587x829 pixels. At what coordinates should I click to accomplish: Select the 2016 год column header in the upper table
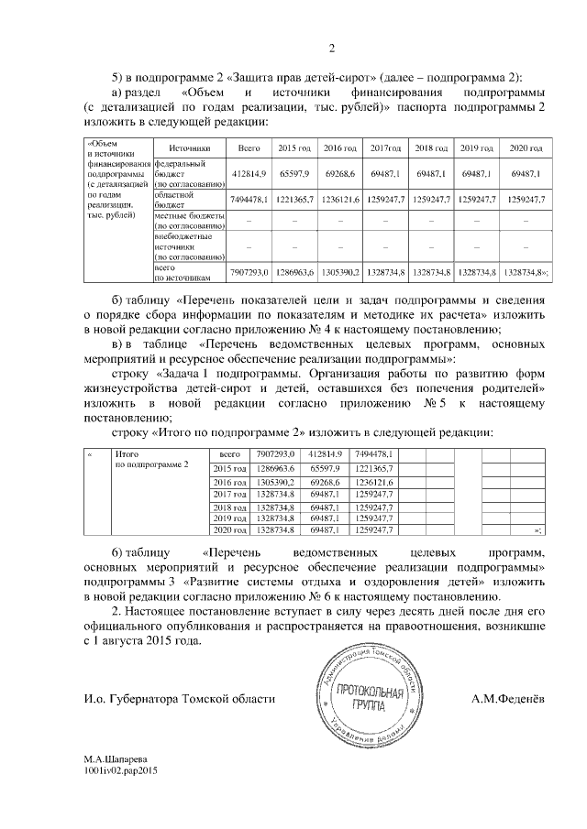(340, 147)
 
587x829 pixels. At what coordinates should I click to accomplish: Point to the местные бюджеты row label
(188, 220)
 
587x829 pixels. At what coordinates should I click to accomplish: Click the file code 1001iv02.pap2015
(122, 772)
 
